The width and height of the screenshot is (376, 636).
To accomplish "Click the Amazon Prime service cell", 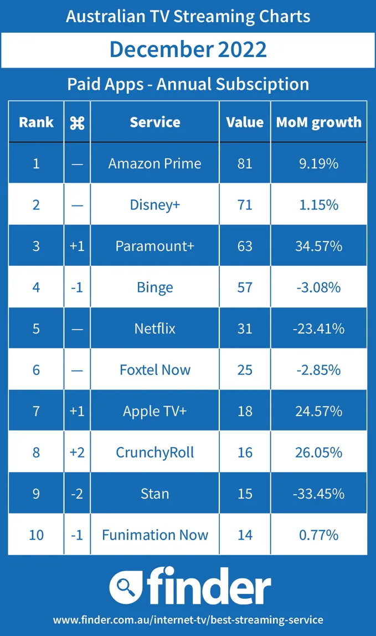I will pos(154,163).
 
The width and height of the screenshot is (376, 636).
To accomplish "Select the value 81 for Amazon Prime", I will pos(245,163).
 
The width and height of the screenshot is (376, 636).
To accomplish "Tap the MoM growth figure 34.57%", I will pos(318,246).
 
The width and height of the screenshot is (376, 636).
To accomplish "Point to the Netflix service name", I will pos(154,329).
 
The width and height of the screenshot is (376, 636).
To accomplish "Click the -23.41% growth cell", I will pos(318,329).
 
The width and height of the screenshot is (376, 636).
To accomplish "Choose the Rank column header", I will pos(36,122).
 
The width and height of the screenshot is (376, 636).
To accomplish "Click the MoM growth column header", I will pos(318,122).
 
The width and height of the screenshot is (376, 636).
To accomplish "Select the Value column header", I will pos(245,122).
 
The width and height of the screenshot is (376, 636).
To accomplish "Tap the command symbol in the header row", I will pos(77,122).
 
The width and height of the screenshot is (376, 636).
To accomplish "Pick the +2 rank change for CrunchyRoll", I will pos(77,453).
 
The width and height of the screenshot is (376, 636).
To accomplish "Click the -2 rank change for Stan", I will pos(77,494).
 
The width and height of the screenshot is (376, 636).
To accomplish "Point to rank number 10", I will pos(36,535).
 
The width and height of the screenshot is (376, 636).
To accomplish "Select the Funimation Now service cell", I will pos(154,535).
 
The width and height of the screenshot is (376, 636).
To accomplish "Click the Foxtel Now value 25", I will pos(245,370).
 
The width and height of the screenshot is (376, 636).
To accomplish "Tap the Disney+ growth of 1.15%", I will pos(318,205).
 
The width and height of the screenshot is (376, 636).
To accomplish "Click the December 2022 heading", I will pos(188,49).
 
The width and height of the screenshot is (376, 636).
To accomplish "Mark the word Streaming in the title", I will pos(217,16).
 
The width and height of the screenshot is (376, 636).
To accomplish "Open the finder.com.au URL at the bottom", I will pos(188,619).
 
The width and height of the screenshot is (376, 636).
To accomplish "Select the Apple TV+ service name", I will pos(154,411).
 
